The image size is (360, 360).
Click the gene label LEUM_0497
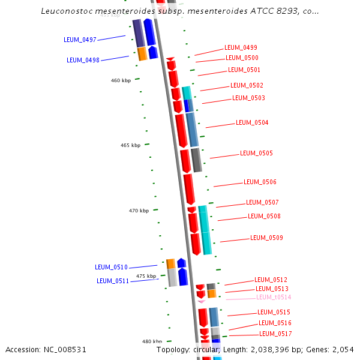(80, 40)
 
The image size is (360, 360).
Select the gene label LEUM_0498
(83, 60)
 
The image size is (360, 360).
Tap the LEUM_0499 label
(241, 47)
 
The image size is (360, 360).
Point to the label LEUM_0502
(247, 85)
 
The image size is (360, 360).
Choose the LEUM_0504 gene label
(252, 122)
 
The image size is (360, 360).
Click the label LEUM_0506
(260, 182)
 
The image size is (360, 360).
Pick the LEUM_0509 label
(266, 238)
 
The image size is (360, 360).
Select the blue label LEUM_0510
(111, 267)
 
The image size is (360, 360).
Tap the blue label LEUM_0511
(113, 281)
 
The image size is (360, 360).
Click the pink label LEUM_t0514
(274, 297)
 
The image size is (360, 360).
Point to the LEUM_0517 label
(275, 334)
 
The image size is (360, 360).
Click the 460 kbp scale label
(121, 80)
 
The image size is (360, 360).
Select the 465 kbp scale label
(130, 145)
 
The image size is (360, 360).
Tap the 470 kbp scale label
(139, 211)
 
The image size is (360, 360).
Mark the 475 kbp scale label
(146, 276)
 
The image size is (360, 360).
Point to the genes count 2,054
(343, 349)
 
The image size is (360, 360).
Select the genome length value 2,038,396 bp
(279, 349)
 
